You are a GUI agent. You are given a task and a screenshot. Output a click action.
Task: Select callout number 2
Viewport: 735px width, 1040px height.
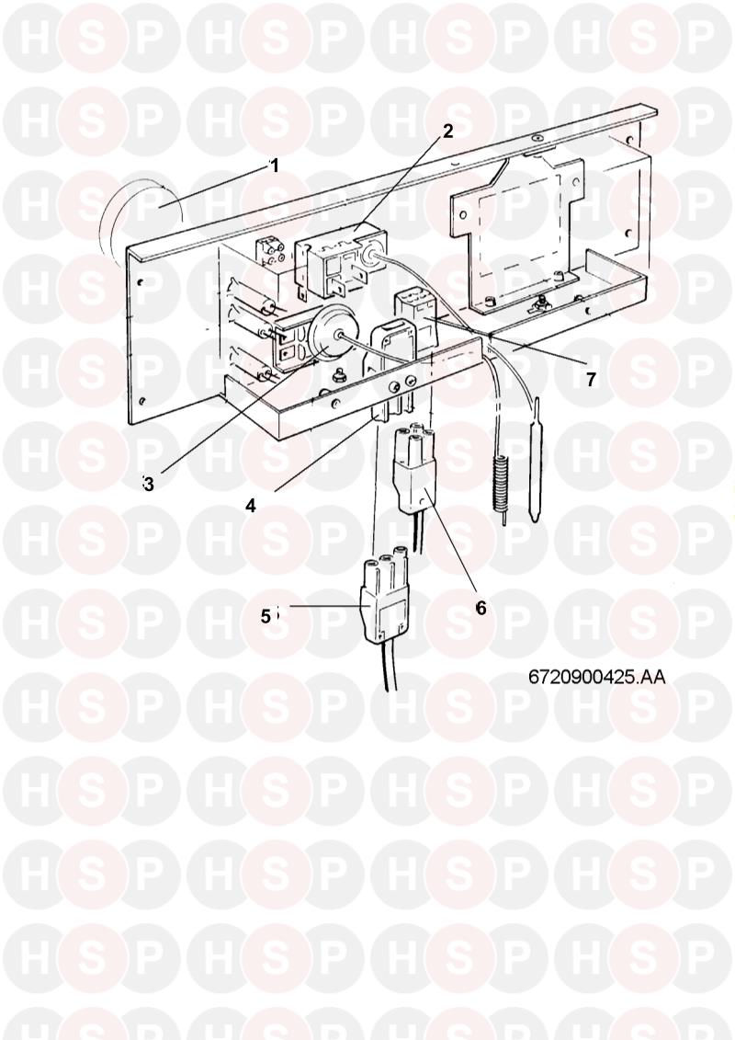(x=448, y=131)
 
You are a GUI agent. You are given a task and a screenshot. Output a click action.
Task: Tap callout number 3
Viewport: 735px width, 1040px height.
(x=148, y=485)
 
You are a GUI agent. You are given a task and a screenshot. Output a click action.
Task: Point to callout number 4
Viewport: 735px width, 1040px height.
(x=250, y=506)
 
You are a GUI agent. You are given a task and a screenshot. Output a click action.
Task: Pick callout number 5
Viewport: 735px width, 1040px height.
(x=266, y=617)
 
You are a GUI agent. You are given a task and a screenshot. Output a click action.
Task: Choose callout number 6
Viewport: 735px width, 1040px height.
(x=481, y=608)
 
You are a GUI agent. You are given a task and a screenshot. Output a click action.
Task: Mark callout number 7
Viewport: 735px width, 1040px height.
(x=591, y=380)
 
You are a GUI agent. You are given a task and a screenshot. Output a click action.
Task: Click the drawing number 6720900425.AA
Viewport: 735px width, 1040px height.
(x=597, y=677)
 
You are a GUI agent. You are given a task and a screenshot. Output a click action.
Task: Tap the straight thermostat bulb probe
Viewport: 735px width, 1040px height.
(x=534, y=460)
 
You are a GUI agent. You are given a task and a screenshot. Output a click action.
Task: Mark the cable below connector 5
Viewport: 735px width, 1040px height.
(x=387, y=667)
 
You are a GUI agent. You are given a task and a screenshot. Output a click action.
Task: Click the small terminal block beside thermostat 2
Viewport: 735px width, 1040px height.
(x=271, y=254)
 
